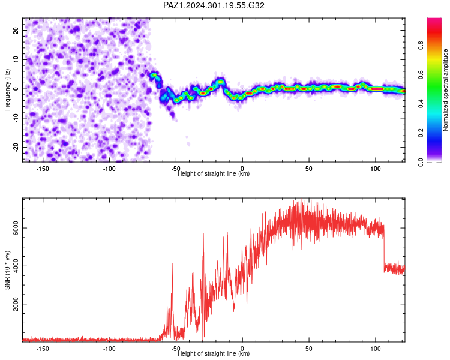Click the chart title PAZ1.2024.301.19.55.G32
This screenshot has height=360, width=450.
pos(214,5)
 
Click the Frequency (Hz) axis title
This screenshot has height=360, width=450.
pos(7,90)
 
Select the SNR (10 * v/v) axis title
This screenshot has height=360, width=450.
pos(7,270)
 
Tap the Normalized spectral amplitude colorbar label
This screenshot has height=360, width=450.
pos(445,90)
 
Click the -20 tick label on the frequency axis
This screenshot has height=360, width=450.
pos(16,147)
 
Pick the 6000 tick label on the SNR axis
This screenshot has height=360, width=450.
pos(16,228)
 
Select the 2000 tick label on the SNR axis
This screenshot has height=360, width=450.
pos(16,304)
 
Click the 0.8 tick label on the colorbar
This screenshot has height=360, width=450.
pos(421,46)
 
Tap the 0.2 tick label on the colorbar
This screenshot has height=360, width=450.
pos(421,133)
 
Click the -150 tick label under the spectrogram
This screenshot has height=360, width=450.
pos(43,169)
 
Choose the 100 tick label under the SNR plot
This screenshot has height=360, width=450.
pos(376,349)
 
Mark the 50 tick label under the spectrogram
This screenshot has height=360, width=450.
pos(309,169)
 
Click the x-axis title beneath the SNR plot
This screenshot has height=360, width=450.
pos(214,353)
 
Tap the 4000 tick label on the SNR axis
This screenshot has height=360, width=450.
pos(16,266)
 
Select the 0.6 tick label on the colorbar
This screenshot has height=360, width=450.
pos(421,74)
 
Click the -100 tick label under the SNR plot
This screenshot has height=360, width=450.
pos(109,349)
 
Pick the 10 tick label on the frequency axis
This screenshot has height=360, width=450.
pos(16,59)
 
